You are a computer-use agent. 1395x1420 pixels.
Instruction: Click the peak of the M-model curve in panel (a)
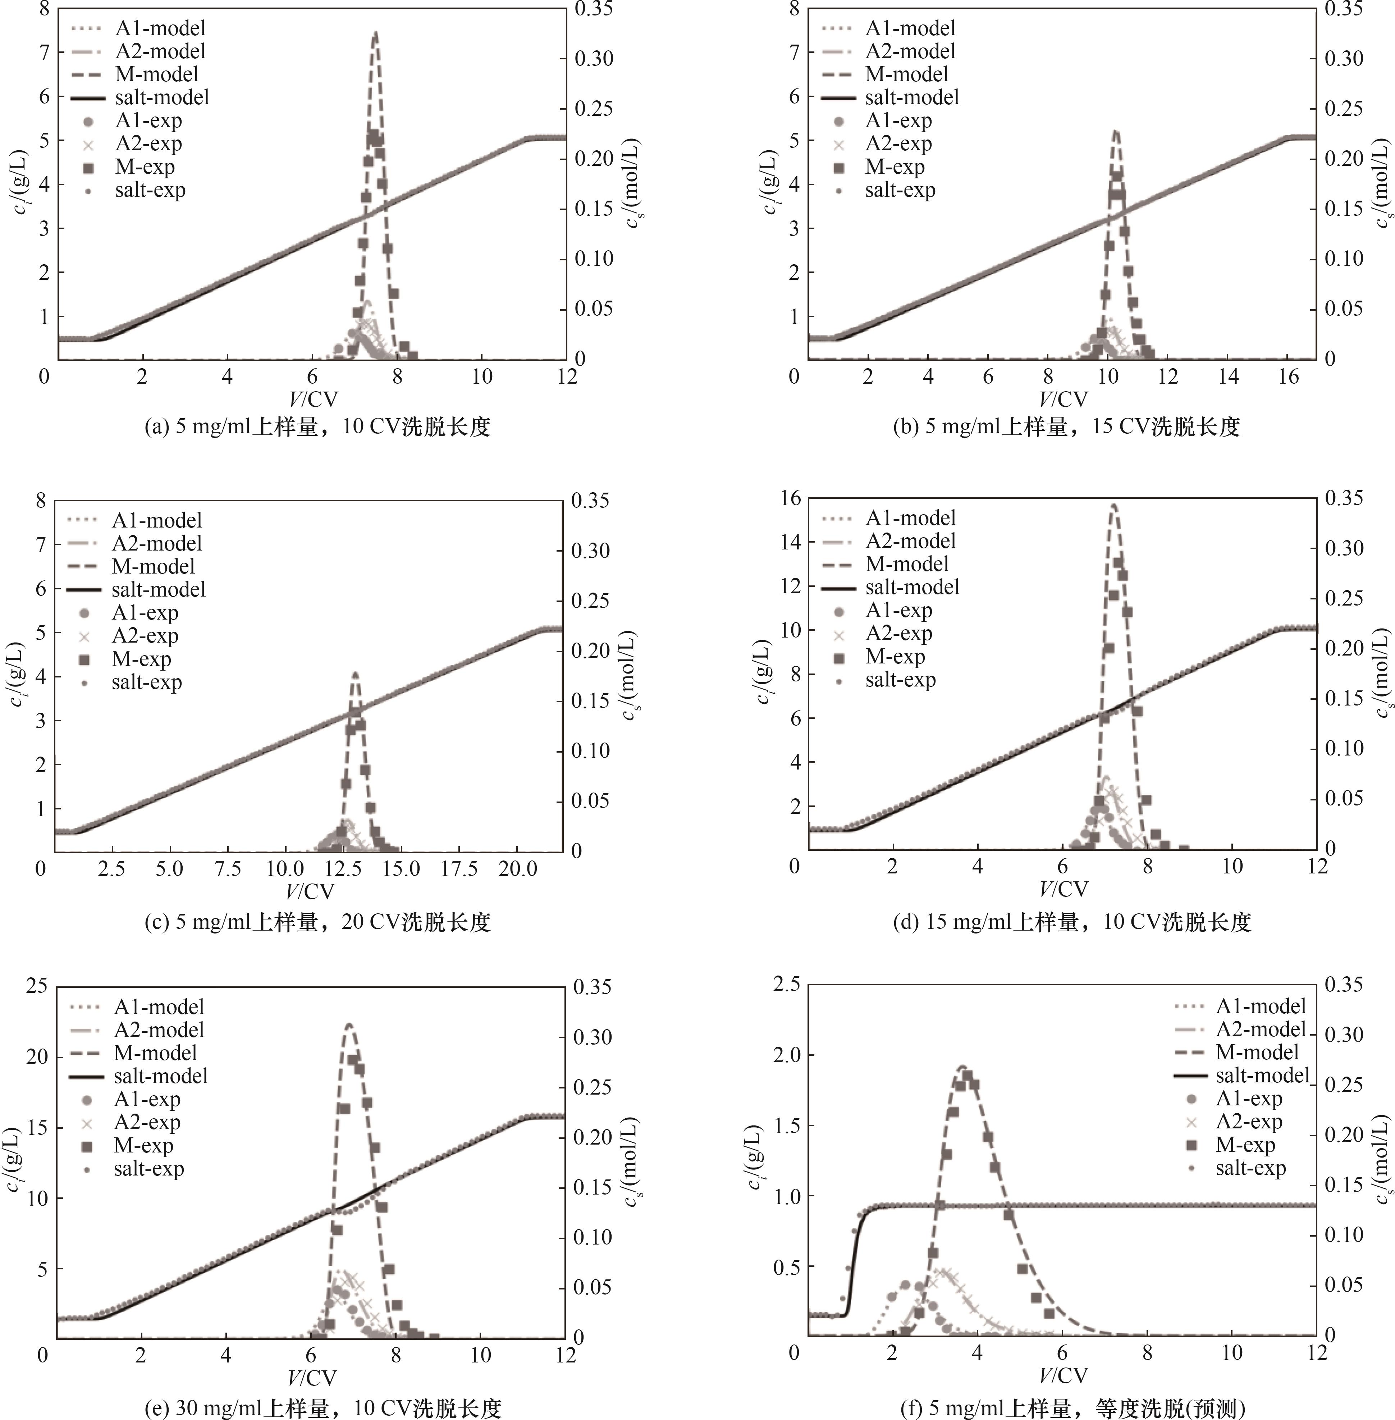coord(375,33)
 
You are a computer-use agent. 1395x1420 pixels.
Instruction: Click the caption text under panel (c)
coord(317,922)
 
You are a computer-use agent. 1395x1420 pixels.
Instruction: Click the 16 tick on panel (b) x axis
coord(1288,376)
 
